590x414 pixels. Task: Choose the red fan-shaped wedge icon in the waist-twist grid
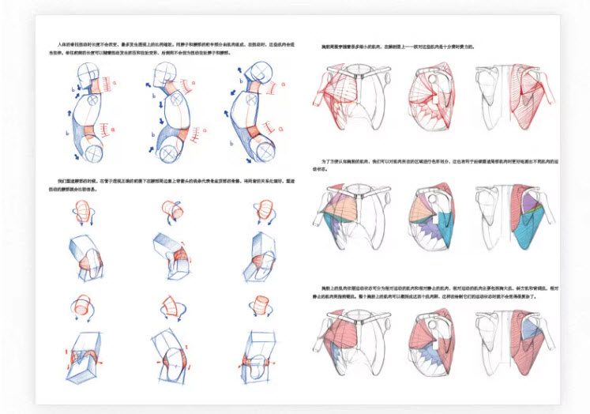[x=171, y=304]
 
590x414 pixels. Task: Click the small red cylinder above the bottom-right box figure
[x=258, y=304]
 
